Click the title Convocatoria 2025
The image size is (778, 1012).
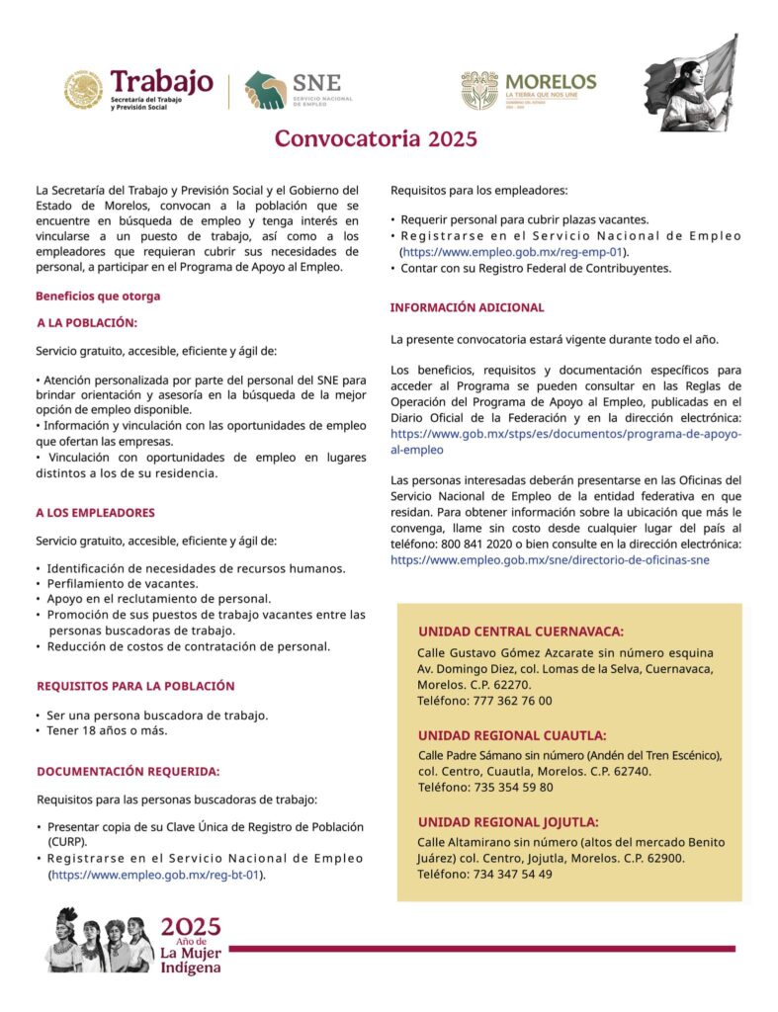[376, 138]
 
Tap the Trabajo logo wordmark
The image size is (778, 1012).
[161, 80]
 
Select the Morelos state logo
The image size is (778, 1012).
[528, 90]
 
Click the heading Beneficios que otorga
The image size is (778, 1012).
[98, 295]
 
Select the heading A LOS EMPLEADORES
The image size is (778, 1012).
[95, 513]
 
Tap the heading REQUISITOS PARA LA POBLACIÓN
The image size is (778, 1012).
[135, 685]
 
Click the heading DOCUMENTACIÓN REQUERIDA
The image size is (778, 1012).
[128, 771]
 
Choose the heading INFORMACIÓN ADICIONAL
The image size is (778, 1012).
[467, 307]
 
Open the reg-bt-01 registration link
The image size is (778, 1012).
[155, 875]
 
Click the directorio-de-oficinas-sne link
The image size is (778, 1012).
[550, 559]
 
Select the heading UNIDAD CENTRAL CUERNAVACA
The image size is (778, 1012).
[521, 631]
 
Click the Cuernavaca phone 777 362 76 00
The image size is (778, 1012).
[484, 701]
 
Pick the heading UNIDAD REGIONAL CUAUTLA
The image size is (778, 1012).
[512, 735]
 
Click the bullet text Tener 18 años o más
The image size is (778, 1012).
[107, 730]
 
